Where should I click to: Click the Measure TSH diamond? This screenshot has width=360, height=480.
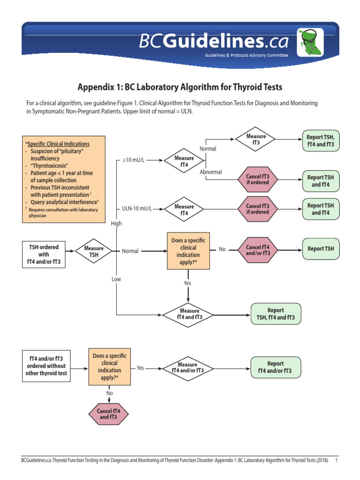click(94, 251)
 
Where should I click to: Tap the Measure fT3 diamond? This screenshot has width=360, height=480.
click(256, 139)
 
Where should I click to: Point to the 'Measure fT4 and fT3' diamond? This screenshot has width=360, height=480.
click(189, 314)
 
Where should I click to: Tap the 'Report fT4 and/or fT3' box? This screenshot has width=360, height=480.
click(275, 367)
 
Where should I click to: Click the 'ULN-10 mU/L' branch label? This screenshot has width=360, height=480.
click(137, 208)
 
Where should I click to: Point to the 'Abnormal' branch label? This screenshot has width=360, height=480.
click(210, 172)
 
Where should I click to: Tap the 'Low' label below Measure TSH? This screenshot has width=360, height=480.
click(116, 279)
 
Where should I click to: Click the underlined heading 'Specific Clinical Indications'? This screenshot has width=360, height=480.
click(58, 143)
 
